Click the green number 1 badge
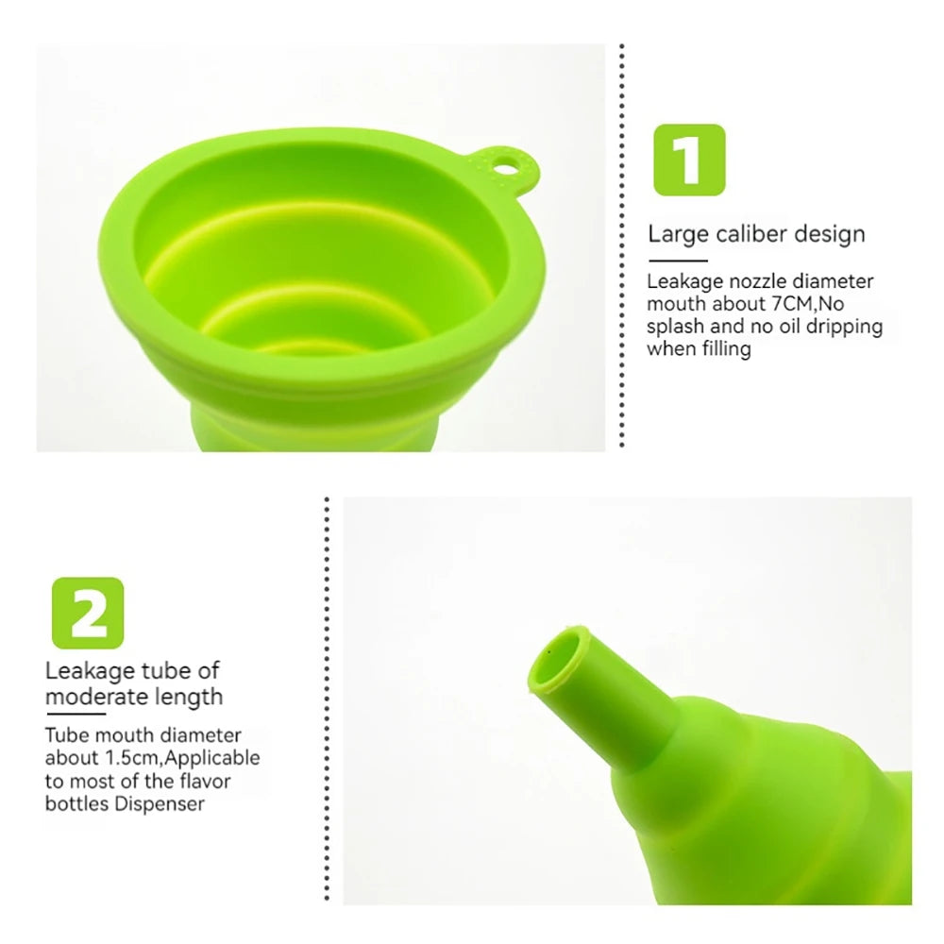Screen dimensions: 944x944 [x=689, y=160]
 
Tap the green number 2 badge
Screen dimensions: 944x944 [x=88, y=613]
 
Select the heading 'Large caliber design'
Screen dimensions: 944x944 [x=756, y=234]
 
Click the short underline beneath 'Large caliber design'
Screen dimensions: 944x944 [x=677, y=261]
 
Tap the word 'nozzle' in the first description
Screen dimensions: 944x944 [x=758, y=281]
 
